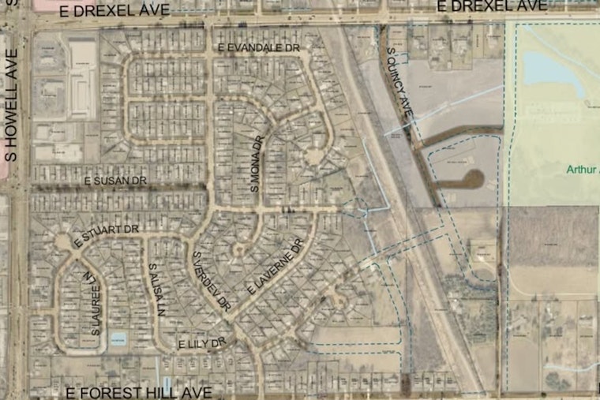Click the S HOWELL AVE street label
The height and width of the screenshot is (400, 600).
click(10, 105)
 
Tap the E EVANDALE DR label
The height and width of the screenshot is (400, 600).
click(260, 48)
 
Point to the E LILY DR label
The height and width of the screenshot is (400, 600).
click(202, 344)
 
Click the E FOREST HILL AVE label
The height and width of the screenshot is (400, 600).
click(139, 392)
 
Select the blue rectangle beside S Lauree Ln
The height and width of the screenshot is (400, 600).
click(118, 339)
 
